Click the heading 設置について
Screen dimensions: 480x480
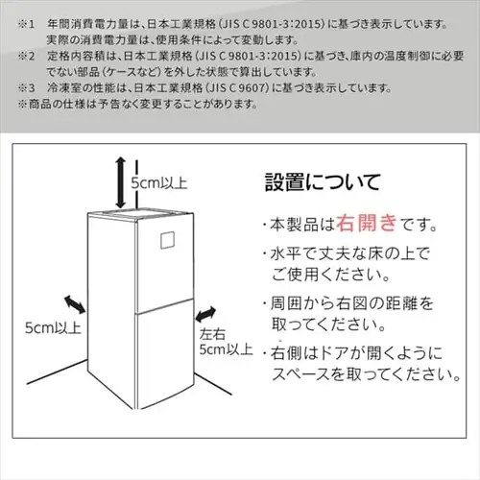322,181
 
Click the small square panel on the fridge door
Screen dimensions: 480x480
170,241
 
